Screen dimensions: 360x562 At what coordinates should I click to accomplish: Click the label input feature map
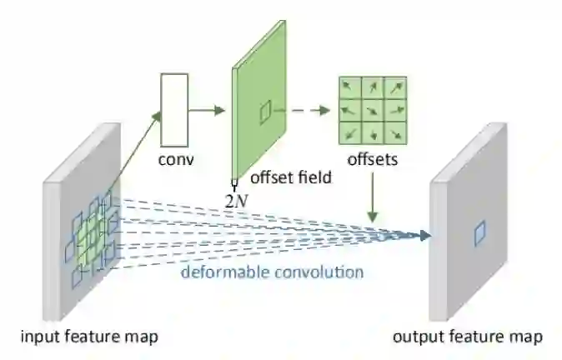click(x=91, y=337)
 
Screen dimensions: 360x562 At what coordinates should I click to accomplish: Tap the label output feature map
click(x=468, y=337)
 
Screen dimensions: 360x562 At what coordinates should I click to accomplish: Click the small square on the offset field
click(x=265, y=112)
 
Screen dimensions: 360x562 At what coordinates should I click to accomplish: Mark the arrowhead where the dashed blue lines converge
click(x=426, y=236)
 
